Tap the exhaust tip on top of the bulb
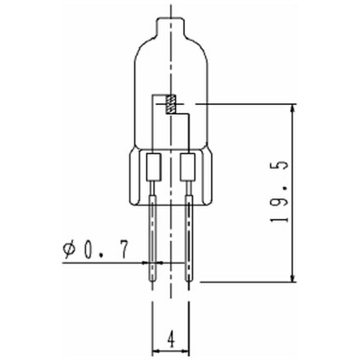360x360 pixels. tap(171, 23)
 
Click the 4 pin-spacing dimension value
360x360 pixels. tap(171, 340)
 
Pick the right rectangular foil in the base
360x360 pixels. tap(188, 168)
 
